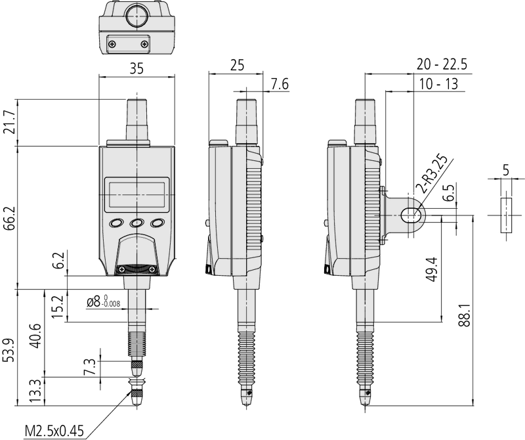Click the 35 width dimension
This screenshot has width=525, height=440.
136,68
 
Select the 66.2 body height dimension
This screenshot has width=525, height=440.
9,218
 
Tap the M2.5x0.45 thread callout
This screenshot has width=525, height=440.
54,431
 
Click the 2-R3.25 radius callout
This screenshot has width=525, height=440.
433,175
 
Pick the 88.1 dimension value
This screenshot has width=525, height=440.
465,316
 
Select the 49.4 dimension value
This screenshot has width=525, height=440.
432,270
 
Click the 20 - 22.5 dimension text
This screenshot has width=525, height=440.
442,64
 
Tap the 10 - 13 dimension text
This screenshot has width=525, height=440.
438,84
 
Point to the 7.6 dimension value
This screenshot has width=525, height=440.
280,84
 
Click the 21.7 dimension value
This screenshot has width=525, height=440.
9,122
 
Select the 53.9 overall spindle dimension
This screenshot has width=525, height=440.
9,350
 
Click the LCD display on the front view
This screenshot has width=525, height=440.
136,194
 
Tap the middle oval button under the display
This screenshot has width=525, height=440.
136,223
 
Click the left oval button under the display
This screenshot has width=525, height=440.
116,223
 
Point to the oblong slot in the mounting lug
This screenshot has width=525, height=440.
411,215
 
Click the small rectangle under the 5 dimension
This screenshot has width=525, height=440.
506,215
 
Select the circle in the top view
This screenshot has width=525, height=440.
136,16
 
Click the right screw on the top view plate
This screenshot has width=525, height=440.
144,43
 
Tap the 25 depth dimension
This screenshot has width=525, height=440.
237,66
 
